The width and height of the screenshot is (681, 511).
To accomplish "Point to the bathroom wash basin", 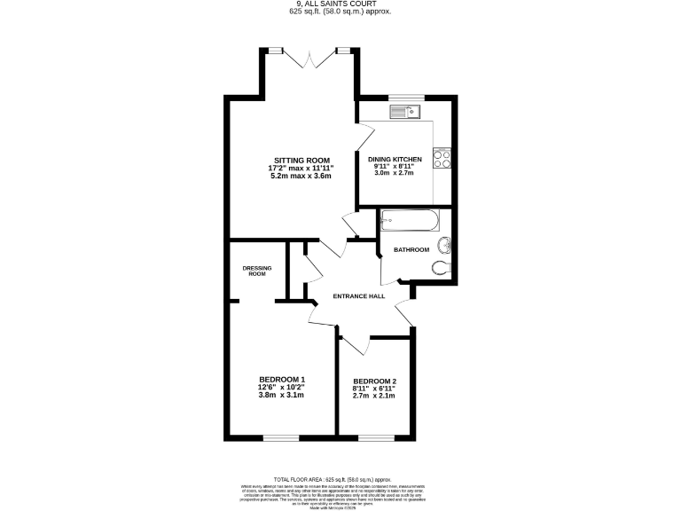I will [448, 248].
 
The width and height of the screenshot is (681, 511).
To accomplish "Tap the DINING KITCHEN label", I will [395, 159].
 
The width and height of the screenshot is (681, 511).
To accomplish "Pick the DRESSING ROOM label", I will [257, 271].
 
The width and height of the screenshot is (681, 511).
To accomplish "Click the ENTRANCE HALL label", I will [358, 295].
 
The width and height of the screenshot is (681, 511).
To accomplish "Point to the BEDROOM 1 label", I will [281, 379].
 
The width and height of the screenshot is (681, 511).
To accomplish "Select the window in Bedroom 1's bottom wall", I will [281, 436].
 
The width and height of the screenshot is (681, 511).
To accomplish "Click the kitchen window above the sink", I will [407, 97].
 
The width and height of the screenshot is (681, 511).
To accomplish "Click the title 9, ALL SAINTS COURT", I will [340, 4].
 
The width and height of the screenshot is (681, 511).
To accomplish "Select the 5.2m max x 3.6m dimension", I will [300, 176].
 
